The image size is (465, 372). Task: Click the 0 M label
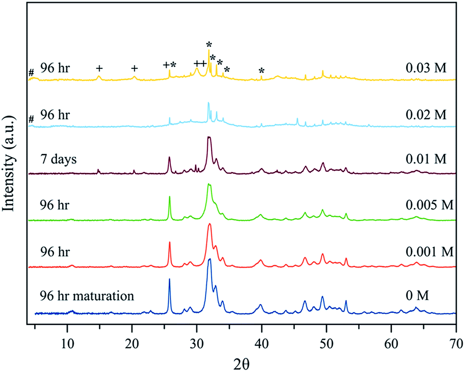point(416,297)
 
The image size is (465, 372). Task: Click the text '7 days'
point(58,158)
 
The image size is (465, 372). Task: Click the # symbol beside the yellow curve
point(31,73)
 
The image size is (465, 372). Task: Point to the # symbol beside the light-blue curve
point(31,119)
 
